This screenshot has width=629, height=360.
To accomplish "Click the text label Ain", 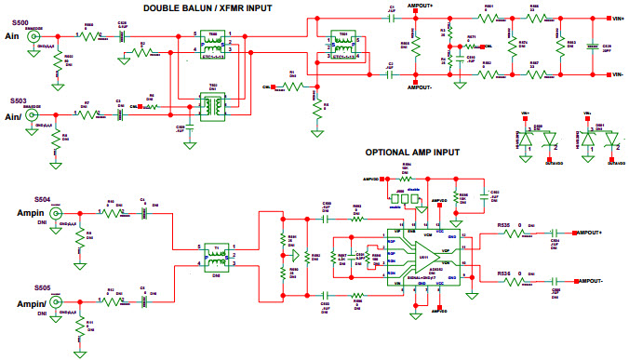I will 14,37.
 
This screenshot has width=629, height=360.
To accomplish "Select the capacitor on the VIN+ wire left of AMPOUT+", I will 391,18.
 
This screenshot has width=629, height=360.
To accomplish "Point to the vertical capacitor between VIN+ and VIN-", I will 592,46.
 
